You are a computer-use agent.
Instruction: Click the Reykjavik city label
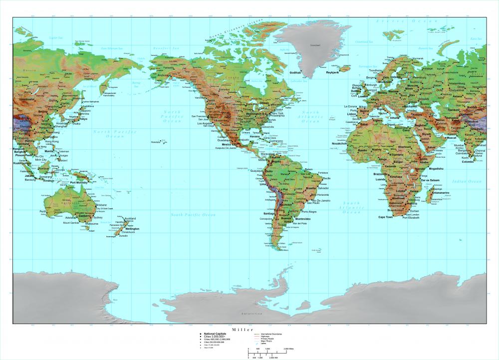pyautogui.click(x=332, y=72)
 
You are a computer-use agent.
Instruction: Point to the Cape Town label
pyautogui.click(x=385, y=217)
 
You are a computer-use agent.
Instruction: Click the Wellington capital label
pyautogui.click(x=132, y=229)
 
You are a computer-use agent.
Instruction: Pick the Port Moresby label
pyautogui.click(x=79, y=183)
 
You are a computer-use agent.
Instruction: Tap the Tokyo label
pyautogui.click(x=83, y=119)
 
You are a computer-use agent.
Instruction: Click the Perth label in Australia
pyautogui.click(x=42, y=211)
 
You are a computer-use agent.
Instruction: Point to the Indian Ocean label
pyautogui.click(x=467, y=182)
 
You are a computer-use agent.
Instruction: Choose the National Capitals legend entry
pyautogui.click(x=215, y=333)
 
